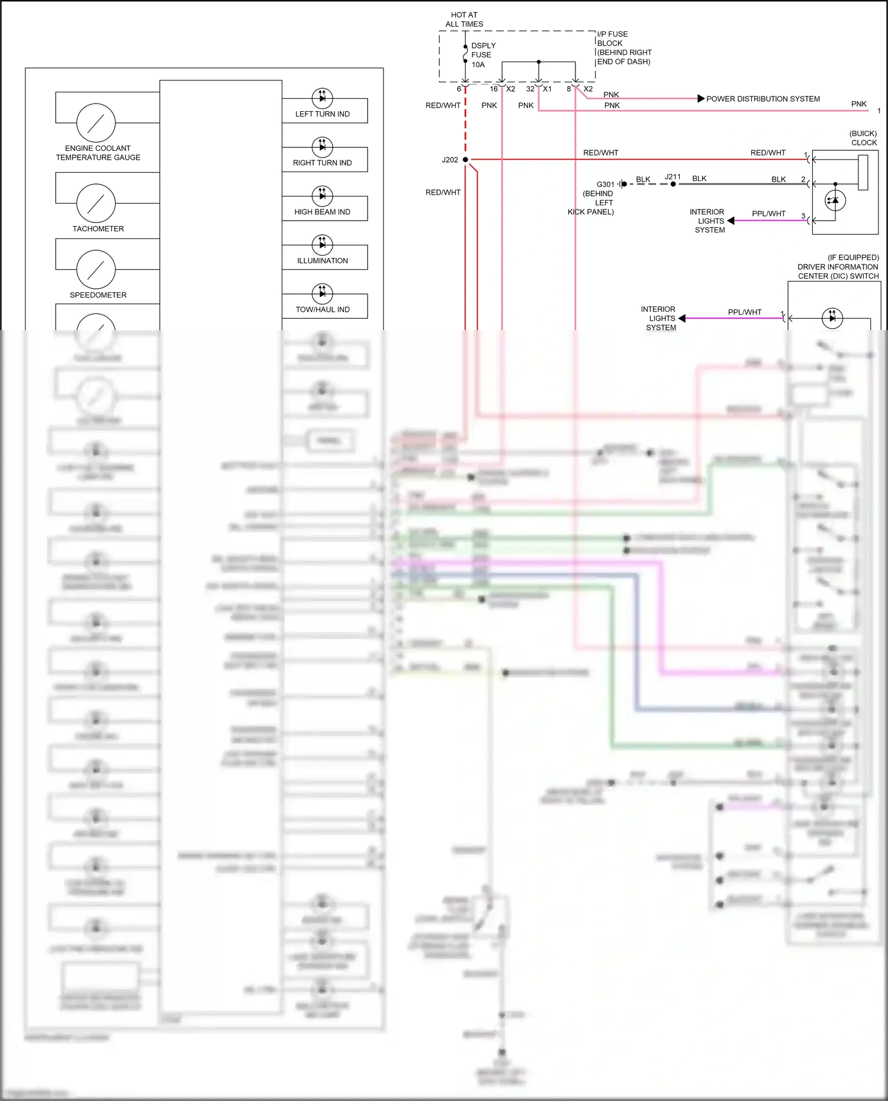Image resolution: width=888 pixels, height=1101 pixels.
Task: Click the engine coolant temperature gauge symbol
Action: coord(96,122)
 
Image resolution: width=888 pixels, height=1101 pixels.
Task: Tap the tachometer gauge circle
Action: coord(96,203)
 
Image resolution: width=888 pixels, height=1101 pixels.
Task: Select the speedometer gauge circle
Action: coord(96,269)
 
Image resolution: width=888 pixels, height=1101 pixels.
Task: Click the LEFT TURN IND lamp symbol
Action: coord(322,98)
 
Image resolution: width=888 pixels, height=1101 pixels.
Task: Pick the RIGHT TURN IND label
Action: coord(322,163)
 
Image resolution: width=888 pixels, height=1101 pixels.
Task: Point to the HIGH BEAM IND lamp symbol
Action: coord(322,196)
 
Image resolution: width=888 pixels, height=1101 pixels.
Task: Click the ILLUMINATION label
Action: coord(323,260)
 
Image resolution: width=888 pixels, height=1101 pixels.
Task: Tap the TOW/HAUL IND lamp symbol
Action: coord(322,293)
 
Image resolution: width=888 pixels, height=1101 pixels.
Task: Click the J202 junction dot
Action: coord(465,160)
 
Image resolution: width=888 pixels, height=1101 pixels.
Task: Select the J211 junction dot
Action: coord(673,184)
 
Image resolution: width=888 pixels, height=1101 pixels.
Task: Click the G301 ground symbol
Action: coord(622,184)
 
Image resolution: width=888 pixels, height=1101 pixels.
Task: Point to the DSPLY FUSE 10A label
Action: coord(482,55)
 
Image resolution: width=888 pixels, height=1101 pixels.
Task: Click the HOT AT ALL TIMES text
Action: coord(464,20)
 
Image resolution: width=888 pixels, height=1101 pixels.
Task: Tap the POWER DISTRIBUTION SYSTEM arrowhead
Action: coord(701,99)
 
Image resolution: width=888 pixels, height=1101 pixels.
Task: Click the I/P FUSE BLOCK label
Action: coord(623,48)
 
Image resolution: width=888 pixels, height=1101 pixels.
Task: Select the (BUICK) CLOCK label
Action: coord(863,138)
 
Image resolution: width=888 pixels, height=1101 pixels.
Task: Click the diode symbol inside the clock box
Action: coord(835,201)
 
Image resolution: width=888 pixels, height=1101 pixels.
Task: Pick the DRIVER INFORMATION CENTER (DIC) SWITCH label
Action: coord(838,267)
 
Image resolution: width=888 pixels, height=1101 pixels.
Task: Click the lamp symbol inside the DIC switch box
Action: coord(832,318)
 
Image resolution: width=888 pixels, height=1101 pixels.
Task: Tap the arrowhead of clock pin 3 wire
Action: coord(731,221)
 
